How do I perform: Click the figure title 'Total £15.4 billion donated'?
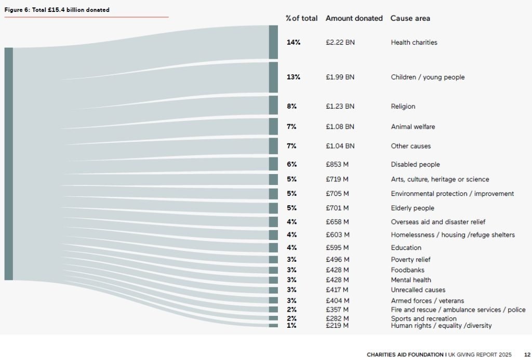57,10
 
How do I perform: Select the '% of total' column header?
301,18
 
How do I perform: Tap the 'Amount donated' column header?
354,18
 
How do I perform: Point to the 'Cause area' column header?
410,18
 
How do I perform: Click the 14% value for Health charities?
294,43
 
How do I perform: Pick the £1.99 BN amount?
340,77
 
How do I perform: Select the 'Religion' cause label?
403,106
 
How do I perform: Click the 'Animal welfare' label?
413,127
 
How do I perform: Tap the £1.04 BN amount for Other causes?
340,146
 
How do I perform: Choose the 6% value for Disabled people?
291,165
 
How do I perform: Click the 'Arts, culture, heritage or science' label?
440,180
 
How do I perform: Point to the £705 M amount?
337,194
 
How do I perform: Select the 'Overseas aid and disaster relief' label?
438,222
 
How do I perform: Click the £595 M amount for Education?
337,248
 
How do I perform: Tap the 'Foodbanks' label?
407,270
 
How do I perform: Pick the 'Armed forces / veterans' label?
420,301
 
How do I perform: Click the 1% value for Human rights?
291,326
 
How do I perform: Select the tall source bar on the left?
8,164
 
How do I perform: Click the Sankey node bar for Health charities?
273,42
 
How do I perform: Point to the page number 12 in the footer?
527,355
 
